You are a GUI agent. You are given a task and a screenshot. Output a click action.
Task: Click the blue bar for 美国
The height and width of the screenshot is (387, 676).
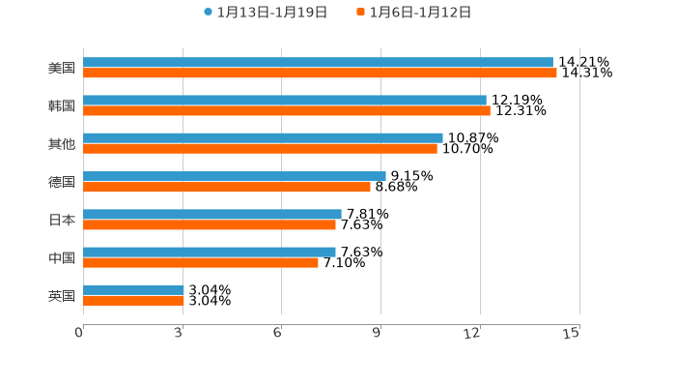pyautogui.click(x=318, y=62)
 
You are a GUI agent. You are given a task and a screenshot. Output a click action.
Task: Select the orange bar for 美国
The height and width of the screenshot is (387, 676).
pyautogui.click(x=320, y=73)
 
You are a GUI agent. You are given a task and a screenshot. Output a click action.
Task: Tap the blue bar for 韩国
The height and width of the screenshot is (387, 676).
pyautogui.click(x=285, y=100)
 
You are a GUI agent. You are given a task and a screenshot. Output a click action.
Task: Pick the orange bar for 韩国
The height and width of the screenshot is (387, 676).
pyautogui.click(x=287, y=110)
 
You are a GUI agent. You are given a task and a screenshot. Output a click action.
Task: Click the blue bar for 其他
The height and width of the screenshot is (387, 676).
pyautogui.click(x=263, y=138)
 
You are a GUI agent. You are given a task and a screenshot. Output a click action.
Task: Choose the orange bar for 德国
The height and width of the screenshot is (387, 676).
pyautogui.click(x=227, y=187)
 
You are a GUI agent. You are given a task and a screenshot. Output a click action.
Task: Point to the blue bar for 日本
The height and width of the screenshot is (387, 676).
pyautogui.click(x=212, y=214)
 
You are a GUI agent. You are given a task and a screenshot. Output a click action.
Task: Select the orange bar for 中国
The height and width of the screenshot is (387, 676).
pyautogui.click(x=201, y=262)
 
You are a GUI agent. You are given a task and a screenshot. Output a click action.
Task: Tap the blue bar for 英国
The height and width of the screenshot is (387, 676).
pyautogui.click(x=133, y=289)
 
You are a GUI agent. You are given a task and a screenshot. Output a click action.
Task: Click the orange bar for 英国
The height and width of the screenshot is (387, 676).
pyautogui.click(x=133, y=300)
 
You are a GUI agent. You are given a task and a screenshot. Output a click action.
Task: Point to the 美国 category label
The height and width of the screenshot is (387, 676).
pyautogui.click(x=62, y=68)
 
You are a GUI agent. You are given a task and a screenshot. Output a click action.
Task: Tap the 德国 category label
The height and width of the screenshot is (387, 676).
pyautogui.click(x=62, y=182)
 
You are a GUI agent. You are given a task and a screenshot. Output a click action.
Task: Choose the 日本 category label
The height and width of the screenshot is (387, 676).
pyautogui.click(x=62, y=220)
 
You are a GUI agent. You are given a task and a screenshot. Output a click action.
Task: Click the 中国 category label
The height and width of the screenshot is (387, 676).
pyautogui.click(x=62, y=257)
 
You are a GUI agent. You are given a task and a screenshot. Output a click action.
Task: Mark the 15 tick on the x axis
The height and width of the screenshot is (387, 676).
pyautogui.click(x=571, y=333)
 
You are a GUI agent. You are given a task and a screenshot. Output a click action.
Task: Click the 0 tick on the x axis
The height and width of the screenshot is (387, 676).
pyautogui.click(x=80, y=333)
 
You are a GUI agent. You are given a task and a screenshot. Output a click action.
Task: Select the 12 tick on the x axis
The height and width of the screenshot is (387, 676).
pyautogui.click(x=472, y=333)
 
